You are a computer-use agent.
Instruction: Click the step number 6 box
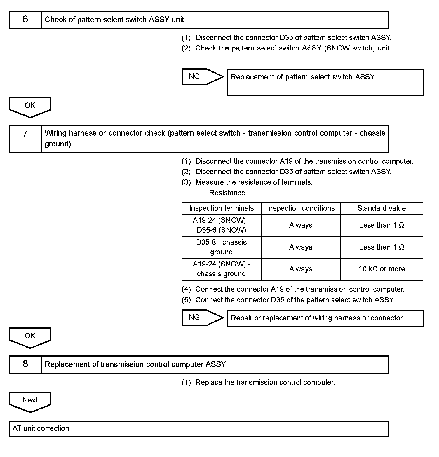pyautogui.click(x=25, y=20)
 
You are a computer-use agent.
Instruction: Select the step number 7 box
pyautogui.click(x=25, y=139)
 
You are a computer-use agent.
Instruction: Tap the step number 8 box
pyautogui.click(x=25, y=364)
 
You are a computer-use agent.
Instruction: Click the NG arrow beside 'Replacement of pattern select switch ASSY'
pyautogui.click(x=201, y=76)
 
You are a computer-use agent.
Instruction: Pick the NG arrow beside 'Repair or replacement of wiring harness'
pyautogui.click(x=201, y=318)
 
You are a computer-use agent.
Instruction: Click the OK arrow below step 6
pyautogui.click(x=30, y=107)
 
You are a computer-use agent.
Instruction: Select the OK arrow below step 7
pyautogui.click(x=30, y=337)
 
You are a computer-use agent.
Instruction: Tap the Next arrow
pyautogui.click(x=30, y=401)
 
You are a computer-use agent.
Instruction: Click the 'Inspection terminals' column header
pyautogui.click(x=221, y=208)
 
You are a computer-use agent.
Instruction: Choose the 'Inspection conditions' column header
pyautogui.click(x=301, y=208)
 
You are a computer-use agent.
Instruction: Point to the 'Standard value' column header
pyautogui.click(x=381, y=208)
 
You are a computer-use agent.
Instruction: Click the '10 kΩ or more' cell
pyautogui.click(x=381, y=269)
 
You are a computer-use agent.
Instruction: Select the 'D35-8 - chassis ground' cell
pyautogui.click(x=221, y=247)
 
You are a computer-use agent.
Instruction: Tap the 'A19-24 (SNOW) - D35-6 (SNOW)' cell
pyautogui.click(x=221, y=225)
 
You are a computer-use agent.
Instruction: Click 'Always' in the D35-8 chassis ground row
pyautogui.click(x=301, y=247)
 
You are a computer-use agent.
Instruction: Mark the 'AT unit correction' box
pyautogui.click(x=199, y=429)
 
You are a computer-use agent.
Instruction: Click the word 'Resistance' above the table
pyautogui.click(x=227, y=193)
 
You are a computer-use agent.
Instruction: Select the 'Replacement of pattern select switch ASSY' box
pyautogui.click(x=325, y=82)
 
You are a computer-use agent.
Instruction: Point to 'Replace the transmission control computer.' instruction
pyautogui.click(x=265, y=383)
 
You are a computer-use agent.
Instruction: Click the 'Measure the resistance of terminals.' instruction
pyautogui.click(x=254, y=182)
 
